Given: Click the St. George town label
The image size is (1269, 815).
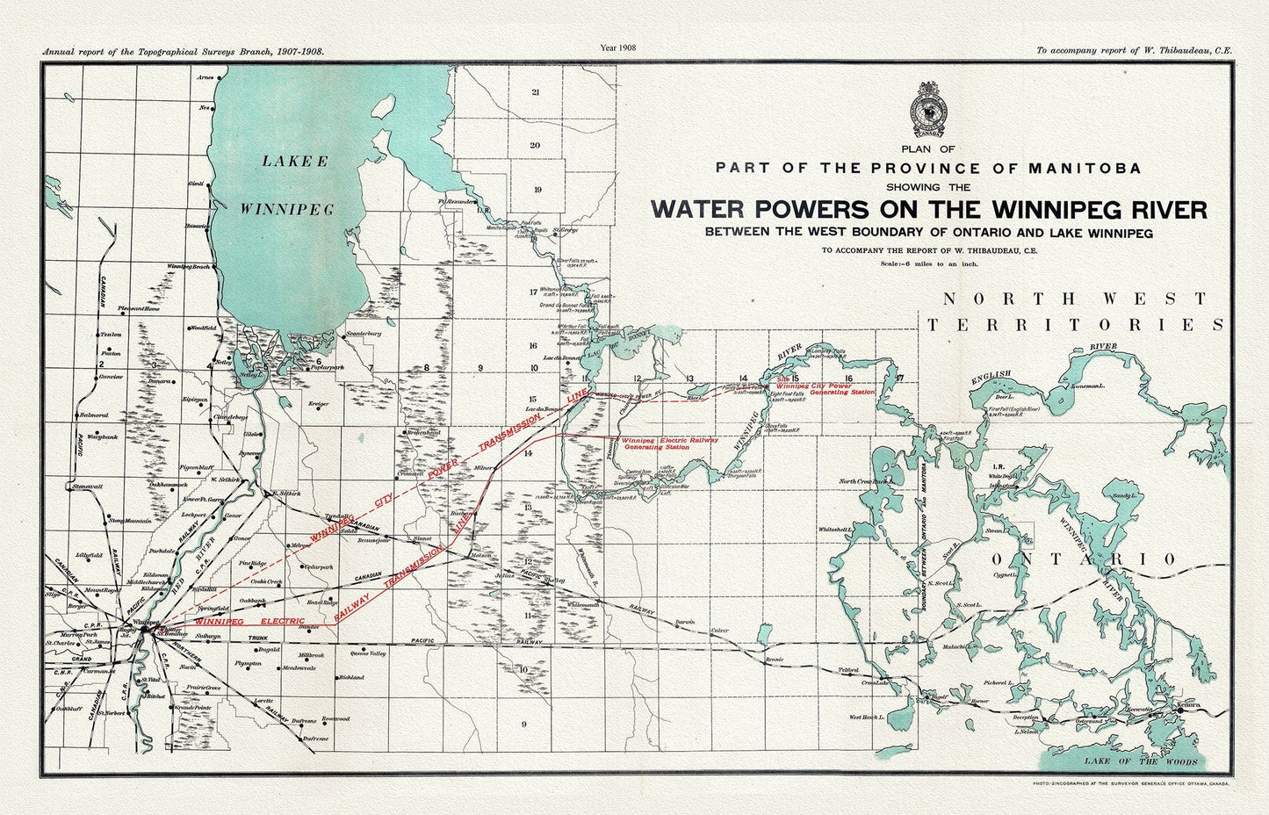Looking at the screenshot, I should point(566,230).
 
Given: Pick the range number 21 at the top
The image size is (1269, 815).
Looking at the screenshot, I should point(536,91).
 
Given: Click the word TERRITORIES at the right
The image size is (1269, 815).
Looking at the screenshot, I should point(1075,325).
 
